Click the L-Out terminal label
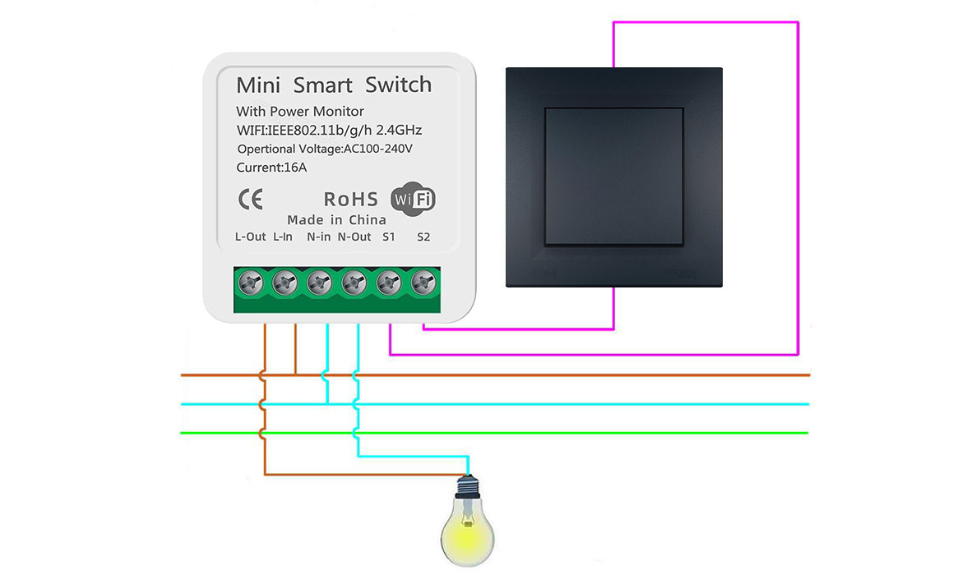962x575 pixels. pyautogui.click(x=250, y=237)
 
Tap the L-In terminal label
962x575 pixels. pyautogui.click(x=283, y=237)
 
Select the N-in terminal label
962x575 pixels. pyautogui.click(x=318, y=237)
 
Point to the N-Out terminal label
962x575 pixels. pyautogui.click(x=354, y=237)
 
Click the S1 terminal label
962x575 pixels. pyautogui.click(x=389, y=237)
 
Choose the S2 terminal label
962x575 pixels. pyautogui.click(x=423, y=237)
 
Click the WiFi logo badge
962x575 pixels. pyautogui.click(x=414, y=199)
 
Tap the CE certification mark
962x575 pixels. pyautogui.click(x=250, y=200)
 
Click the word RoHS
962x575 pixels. pyautogui.click(x=351, y=200)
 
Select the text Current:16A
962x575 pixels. pyautogui.click(x=271, y=168)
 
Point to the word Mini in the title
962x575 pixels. pyautogui.click(x=258, y=85)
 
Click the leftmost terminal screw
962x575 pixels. pyautogui.click(x=250, y=283)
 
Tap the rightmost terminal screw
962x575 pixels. pyautogui.click(x=423, y=283)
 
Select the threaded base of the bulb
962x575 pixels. pyautogui.click(x=468, y=485)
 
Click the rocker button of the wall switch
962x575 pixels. pyautogui.click(x=614, y=177)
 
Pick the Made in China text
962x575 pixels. pyautogui.click(x=337, y=220)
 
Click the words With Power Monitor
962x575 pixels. pyautogui.click(x=300, y=112)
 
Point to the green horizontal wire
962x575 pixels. pyautogui.click(x=494, y=434)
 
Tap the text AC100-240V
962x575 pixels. pyautogui.click(x=378, y=149)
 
